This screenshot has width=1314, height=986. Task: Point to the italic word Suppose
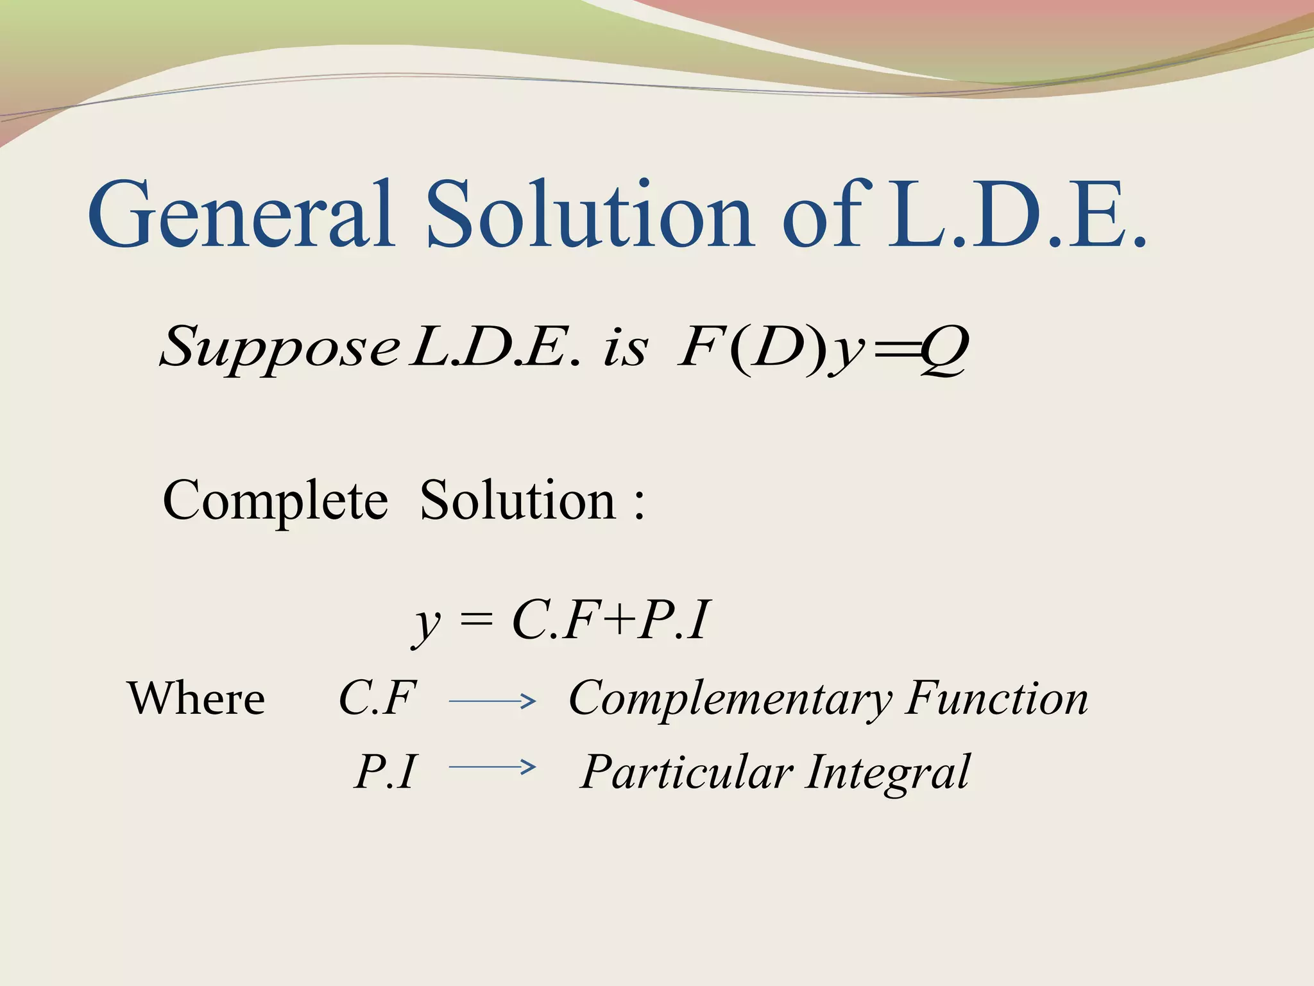pos(279,349)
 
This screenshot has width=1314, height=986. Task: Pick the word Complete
pos(275,501)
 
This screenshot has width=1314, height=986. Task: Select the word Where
pos(196,698)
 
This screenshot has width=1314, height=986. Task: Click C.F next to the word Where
pos(377,698)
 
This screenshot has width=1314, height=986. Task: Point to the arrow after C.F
pos(492,702)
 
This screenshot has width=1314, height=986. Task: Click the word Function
pos(997,698)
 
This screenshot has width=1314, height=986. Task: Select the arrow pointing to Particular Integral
pos(492,766)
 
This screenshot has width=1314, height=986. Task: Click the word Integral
pos(888,772)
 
